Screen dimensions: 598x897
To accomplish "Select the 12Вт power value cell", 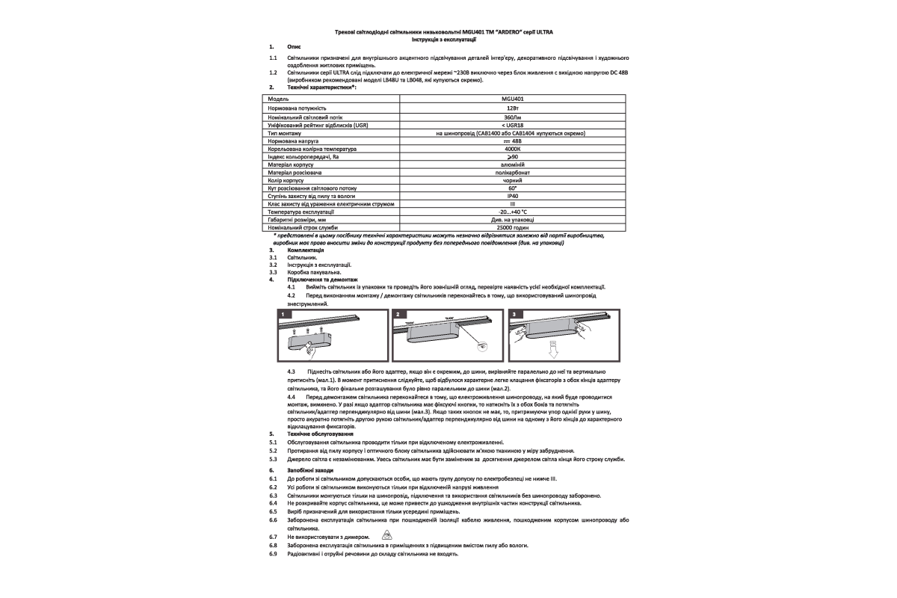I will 513,108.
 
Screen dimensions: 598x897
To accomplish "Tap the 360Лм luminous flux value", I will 513,117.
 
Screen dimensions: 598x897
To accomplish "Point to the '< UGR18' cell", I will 513,126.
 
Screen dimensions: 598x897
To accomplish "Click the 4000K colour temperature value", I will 513,149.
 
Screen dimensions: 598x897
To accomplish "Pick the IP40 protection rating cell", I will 513,196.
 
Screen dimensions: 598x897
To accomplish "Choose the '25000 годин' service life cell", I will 513,227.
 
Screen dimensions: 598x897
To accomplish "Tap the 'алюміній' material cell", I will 513,164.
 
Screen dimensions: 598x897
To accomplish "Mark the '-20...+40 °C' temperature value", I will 513,212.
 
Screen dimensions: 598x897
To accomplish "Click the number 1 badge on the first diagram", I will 283,315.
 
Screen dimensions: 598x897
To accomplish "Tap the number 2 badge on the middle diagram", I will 398,315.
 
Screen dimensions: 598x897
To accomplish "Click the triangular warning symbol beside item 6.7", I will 386,536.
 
